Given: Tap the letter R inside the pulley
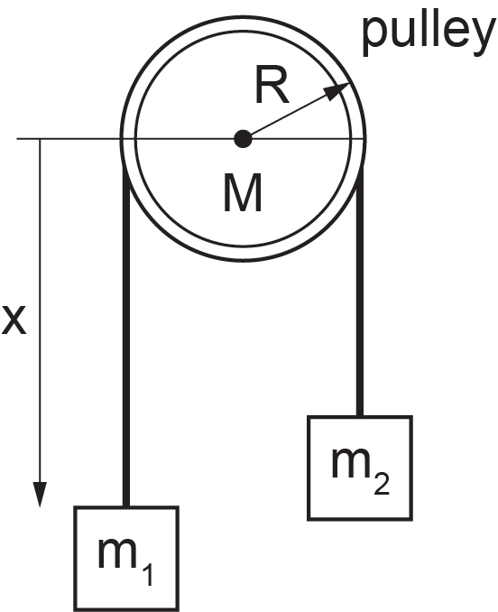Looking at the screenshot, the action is pyautogui.click(x=272, y=85).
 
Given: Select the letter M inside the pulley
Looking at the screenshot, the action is pyautogui.click(x=243, y=193).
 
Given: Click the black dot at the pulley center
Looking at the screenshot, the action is pyautogui.click(x=243, y=139).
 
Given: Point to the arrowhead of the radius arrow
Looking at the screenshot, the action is pyautogui.click(x=337, y=91).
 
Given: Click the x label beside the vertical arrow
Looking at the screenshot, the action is pyautogui.click(x=14, y=320).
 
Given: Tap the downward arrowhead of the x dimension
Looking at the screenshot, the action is pyautogui.click(x=40, y=495).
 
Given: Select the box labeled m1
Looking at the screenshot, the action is pyautogui.click(x=126, y=559).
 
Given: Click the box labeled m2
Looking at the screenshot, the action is pyautogui.click(x=360, y=468).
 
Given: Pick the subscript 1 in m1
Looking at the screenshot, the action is pyautogui.click(x=147, y=571).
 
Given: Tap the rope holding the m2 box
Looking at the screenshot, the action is pyautogui.click(x=360, y=291).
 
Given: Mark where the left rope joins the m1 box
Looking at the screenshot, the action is pyautogui.click(x=126, y=506).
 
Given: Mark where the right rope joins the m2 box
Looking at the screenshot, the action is pyautogui.click(x=360, y=416).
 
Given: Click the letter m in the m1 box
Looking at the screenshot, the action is pyautogui.click(x=118, y=553).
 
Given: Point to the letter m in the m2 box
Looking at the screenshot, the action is pyautogui.click(x=351, y=463).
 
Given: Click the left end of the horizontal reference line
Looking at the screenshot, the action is pyautogui.click(x=17, y=139).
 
